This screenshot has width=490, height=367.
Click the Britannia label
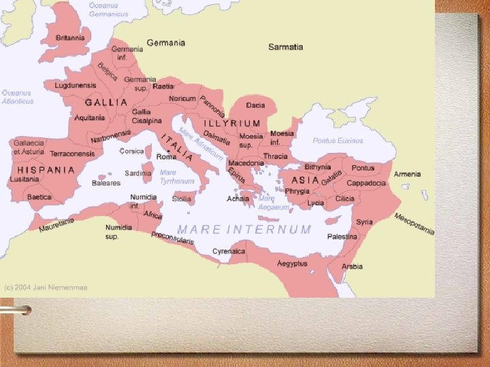(x=70, y=38)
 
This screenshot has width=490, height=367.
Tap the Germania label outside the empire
(x=165, y=43)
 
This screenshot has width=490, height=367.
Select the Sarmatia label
(x=285, y=47)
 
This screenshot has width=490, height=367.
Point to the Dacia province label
(x=255, y=105)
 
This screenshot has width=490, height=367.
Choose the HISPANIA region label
(x=46, y=170)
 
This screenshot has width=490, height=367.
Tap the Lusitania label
(x=24, y=179)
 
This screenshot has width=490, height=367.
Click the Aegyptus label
(x=292, y=263)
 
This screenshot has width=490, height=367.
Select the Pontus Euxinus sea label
(x=338, y=141)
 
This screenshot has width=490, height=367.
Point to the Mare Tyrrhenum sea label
(x=168, y=177)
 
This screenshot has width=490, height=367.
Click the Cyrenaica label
(x=229, y=251)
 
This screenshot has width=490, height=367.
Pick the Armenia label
(x=407, y=174)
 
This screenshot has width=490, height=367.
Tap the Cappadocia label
(x=366, y=183)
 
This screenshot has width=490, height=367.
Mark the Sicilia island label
(x=182, y=199)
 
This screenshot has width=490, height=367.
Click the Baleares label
(x=106, y=183)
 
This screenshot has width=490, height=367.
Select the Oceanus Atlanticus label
(x=17, y=97)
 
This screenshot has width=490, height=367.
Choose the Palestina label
(x=342, y=237)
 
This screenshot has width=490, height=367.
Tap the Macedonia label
(x=246, y=163)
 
